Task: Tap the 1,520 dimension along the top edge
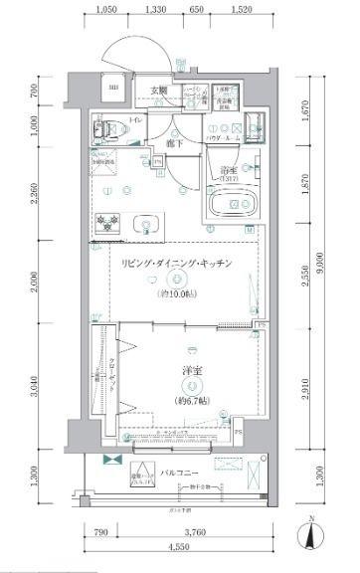(240, 10)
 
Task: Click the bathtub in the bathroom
(235, 205)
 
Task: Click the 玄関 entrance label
(158, 92)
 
